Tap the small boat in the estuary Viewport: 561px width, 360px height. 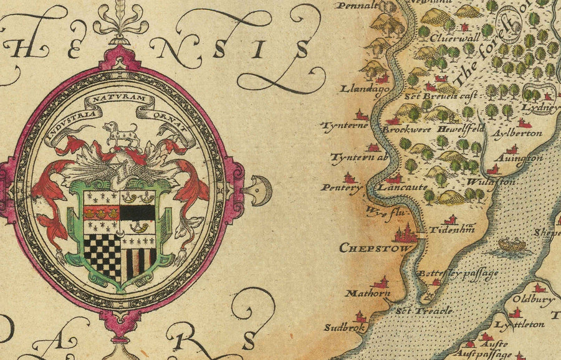(x=511, y=245)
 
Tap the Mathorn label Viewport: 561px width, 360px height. (x=368, y=293)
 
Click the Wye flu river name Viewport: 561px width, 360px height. (x=383, y=211)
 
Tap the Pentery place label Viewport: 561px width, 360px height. (x=341, y=187)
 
